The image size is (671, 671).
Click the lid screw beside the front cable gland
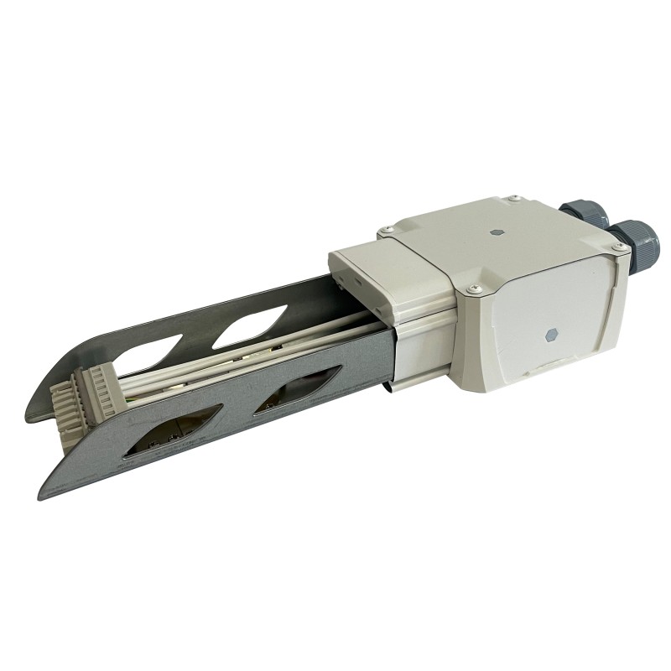(618, 249)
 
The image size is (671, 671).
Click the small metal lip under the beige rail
(391, 387)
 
